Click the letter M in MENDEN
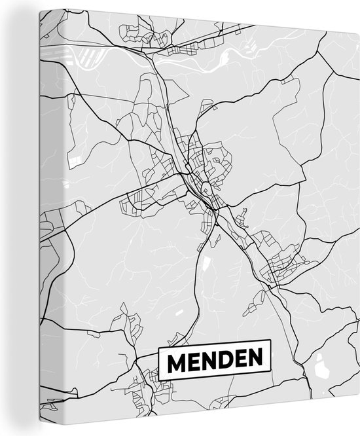(175, 359)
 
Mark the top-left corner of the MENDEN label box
(159, 350)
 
